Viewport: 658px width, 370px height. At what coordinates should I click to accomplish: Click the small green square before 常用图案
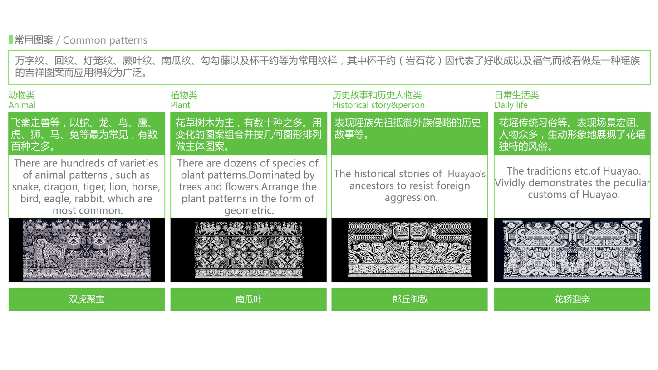(10, 40)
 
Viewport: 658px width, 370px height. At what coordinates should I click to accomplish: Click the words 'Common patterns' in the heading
(105, 40)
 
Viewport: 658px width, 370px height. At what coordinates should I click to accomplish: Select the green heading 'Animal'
(22, 105)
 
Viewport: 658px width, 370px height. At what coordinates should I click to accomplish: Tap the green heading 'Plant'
(180, 105)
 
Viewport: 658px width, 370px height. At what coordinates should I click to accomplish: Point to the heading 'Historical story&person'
(378, 105)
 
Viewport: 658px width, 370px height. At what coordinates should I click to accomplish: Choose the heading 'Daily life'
(511, 105)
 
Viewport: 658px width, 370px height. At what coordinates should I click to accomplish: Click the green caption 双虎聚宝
(87, 299)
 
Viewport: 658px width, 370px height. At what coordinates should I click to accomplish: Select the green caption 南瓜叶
(249, 299)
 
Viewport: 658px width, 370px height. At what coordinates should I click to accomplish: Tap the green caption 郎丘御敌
(410, 299)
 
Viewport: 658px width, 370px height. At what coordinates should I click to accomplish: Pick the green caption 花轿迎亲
(572, 299)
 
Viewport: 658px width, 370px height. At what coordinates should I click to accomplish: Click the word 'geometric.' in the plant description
(249, 211)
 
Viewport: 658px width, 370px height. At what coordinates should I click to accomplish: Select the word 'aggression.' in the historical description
(411, 198)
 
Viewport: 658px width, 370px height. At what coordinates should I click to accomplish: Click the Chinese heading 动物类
(22, 95)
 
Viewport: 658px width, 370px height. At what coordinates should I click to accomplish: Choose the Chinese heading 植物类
(184, 95)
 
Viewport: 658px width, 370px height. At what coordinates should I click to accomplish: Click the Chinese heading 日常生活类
(517, 95)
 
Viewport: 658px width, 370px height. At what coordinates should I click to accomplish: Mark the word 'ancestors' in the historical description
(372, 186)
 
